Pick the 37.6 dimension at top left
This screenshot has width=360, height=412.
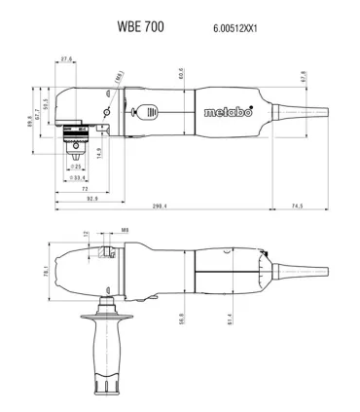pyautogui.click(x=67, y=60)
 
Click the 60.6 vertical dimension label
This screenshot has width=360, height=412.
pyautogui.click(x=181, y=73)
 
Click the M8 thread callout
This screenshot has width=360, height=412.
pyautogui.click(x=125, y=232)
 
